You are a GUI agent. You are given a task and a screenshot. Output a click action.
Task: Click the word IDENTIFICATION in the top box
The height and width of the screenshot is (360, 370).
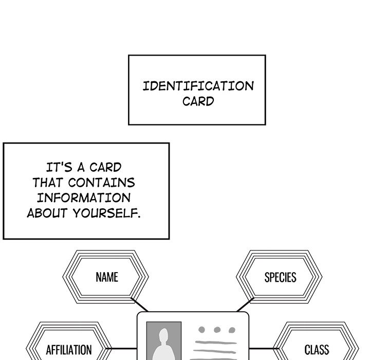coord(198,86)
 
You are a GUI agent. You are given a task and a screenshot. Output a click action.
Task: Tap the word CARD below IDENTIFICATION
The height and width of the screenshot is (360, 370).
coord(198,101)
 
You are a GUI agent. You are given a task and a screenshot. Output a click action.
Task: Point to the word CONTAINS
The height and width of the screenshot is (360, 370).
coord(102,183)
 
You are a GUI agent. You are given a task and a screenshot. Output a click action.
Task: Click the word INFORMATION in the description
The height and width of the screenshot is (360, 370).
coord(83,198)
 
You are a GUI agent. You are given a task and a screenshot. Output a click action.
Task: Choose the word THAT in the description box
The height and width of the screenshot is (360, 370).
coord(48,183)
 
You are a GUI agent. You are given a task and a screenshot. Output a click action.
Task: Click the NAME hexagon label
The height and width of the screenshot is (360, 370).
coord(106,278)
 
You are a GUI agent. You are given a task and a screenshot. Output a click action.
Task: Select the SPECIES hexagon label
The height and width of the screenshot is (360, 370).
coord(280,278)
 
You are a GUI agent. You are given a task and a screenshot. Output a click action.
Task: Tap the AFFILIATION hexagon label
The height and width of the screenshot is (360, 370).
coord(69,350)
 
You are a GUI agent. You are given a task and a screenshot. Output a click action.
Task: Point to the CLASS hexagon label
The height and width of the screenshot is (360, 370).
coord(316,350)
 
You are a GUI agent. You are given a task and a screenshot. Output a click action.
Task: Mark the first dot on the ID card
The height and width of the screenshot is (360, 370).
coord(201,330)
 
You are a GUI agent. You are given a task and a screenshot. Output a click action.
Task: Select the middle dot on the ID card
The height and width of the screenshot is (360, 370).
coord(217,330)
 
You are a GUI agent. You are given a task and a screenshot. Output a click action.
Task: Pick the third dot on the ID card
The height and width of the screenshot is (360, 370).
coord(232,330)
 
